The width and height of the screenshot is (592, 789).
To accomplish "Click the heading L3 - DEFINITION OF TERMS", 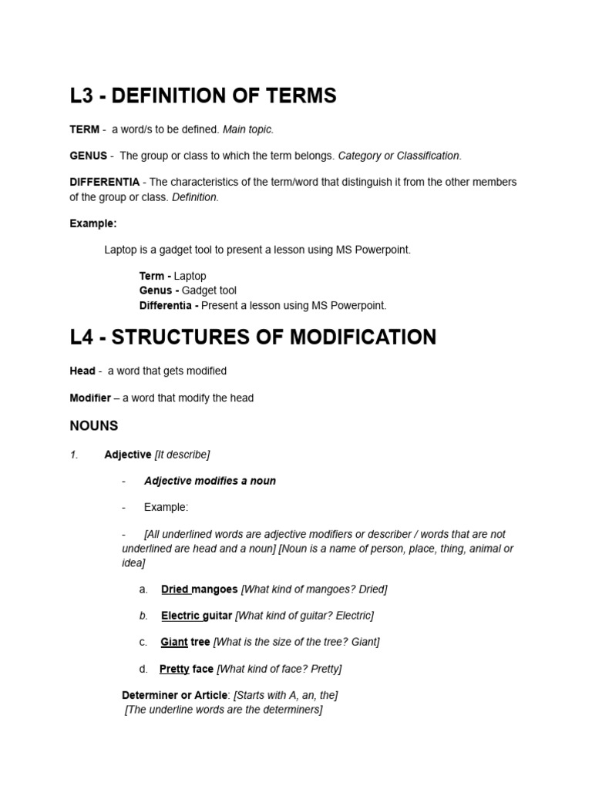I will tap(203, 96).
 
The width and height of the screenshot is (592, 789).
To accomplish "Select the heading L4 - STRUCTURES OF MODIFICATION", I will tap(253, 337).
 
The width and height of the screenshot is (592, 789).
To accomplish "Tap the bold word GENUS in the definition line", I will tap(88, 156).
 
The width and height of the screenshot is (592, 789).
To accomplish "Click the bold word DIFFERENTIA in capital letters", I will tap(104, 182).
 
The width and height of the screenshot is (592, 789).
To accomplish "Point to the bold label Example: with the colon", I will tap(93, 223).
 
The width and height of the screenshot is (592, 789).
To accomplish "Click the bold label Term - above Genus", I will tap(155, 276).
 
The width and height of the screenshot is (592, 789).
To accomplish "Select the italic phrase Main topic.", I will tap(248, 129).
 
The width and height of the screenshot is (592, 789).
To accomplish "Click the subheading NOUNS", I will tap(93, 425).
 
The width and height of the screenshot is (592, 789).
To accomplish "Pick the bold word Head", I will tap(82, 371).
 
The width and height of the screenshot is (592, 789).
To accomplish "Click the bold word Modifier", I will tap(90, 398).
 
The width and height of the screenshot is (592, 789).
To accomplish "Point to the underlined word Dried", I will tap(175, 589).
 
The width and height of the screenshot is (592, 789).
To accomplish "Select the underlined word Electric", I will tap(180, 616).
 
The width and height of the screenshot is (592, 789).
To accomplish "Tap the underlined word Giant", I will tap(173, 642).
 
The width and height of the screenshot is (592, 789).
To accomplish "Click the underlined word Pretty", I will tap(174, 669).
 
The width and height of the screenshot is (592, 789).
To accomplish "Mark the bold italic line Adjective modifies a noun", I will tap(210, 481).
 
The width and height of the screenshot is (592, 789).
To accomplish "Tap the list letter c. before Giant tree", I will tap(143, 642).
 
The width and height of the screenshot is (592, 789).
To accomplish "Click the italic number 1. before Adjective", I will tap(74, 455).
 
